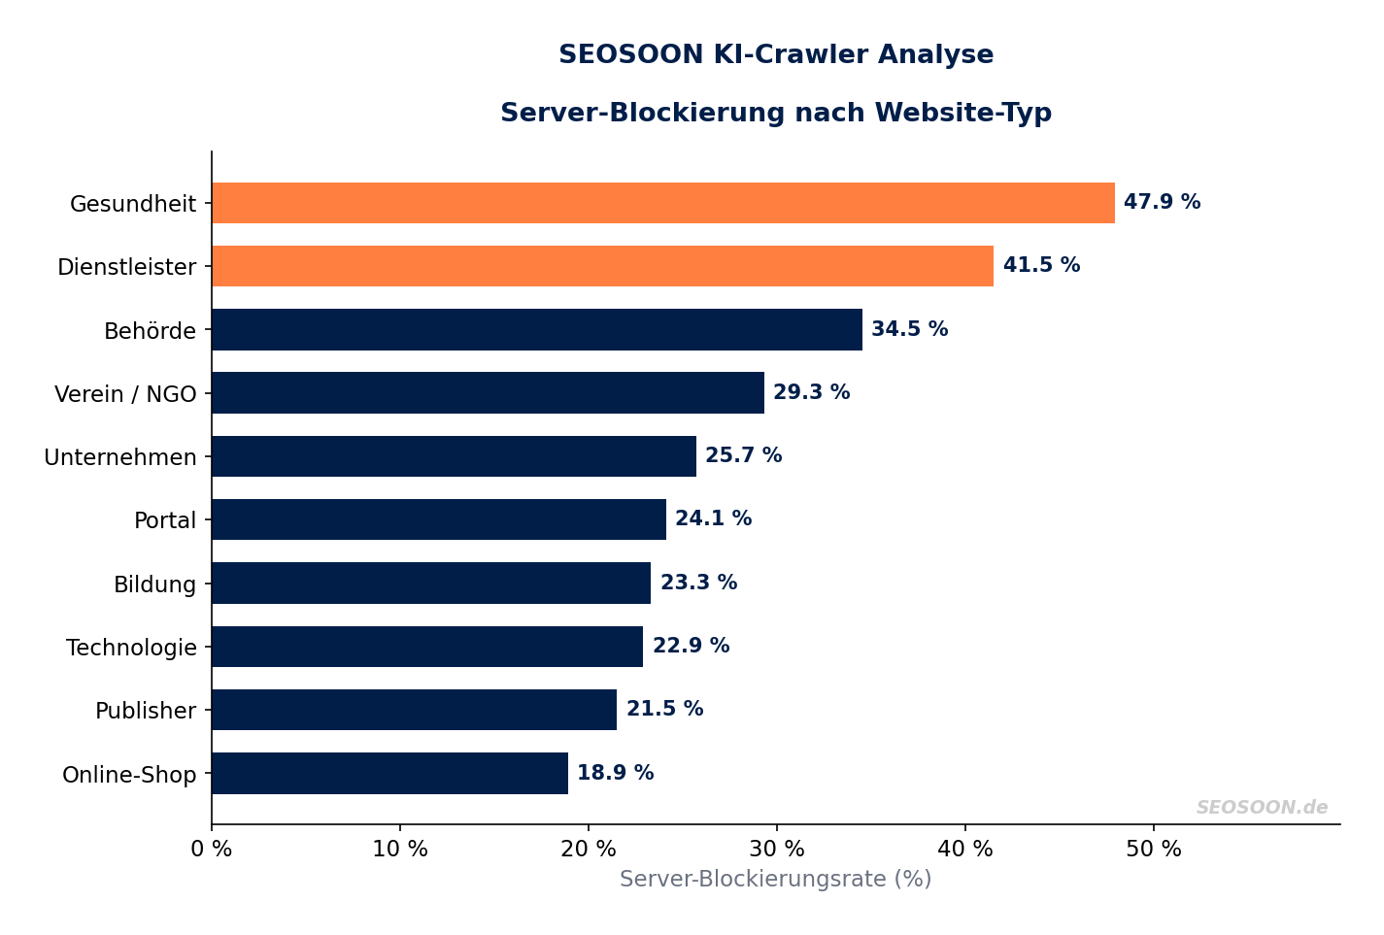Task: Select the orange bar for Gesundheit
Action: (x=662, y=203)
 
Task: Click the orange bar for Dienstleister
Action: (x=602, y=266)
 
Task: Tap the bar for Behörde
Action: (x=536, y=330)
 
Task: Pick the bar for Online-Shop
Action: (x=389, y=774)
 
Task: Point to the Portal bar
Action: (x=438, y=519)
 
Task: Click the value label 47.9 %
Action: (x=1162, y=203)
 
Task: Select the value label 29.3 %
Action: (x=811, y=393)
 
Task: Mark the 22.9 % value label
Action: (x=691, y=647)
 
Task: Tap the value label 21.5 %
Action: (x=664, y=710)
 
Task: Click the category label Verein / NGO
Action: (x=125, y=394)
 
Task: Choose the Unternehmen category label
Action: (x=120, y=457)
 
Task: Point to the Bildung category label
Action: (x=154, y=584)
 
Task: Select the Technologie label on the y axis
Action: (x=131, y=648)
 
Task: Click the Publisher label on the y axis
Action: (x=146, y=711)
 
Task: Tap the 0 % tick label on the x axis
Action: (x=212, y=850)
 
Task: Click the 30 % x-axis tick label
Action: (x=776, y=850)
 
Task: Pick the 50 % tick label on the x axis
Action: (x=1153, y=850)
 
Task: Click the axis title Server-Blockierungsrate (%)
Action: (x=775, y=880)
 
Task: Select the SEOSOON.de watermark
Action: (x=1261, y=808)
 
